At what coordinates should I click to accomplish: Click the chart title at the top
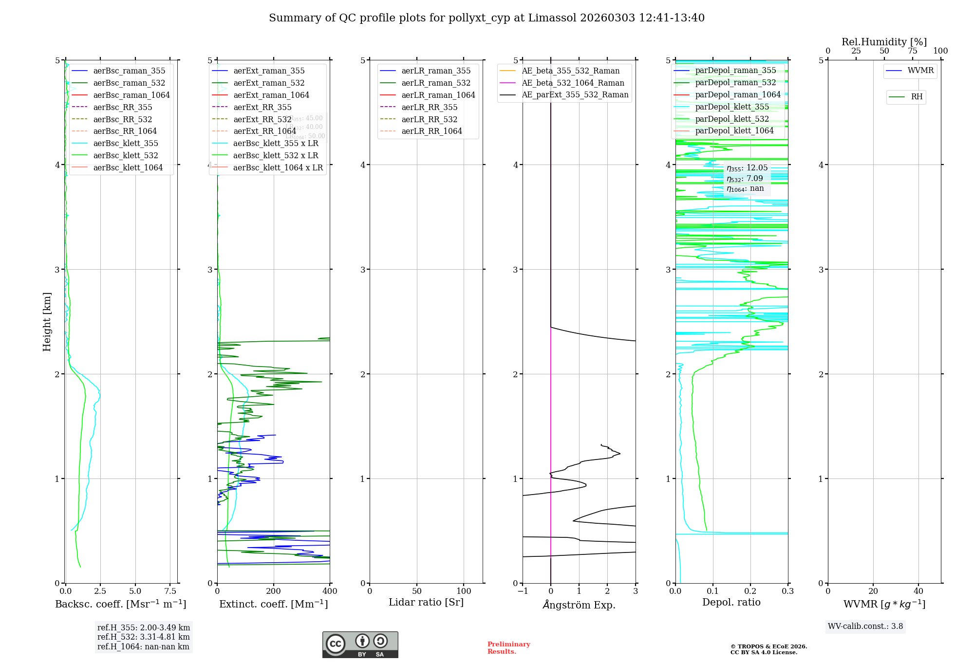[487, 18]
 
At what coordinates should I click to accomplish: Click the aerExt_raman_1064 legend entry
[271, 95]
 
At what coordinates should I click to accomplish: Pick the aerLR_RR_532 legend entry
[429, 119]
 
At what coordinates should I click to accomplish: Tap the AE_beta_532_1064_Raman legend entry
[573, 83]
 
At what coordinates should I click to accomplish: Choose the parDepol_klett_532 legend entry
[731, 119]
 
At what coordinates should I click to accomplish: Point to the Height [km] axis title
[47, 322]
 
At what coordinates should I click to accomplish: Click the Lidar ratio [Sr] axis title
[426, 602]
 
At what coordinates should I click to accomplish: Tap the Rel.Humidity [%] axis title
[884, 42]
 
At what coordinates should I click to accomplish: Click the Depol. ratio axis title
[731, 602]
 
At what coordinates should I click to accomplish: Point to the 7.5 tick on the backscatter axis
[170, 591]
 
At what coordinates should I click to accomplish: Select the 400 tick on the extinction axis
[330, 591]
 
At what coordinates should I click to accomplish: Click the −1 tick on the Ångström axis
[523, 591]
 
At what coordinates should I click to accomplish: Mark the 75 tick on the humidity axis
[912, 51]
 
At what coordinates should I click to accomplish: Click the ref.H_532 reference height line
[143, 637]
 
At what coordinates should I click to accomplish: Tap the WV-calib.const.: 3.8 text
[865, 626]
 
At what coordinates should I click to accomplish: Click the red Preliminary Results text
[508, 647]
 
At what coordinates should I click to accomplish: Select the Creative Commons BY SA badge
[360, 644]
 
